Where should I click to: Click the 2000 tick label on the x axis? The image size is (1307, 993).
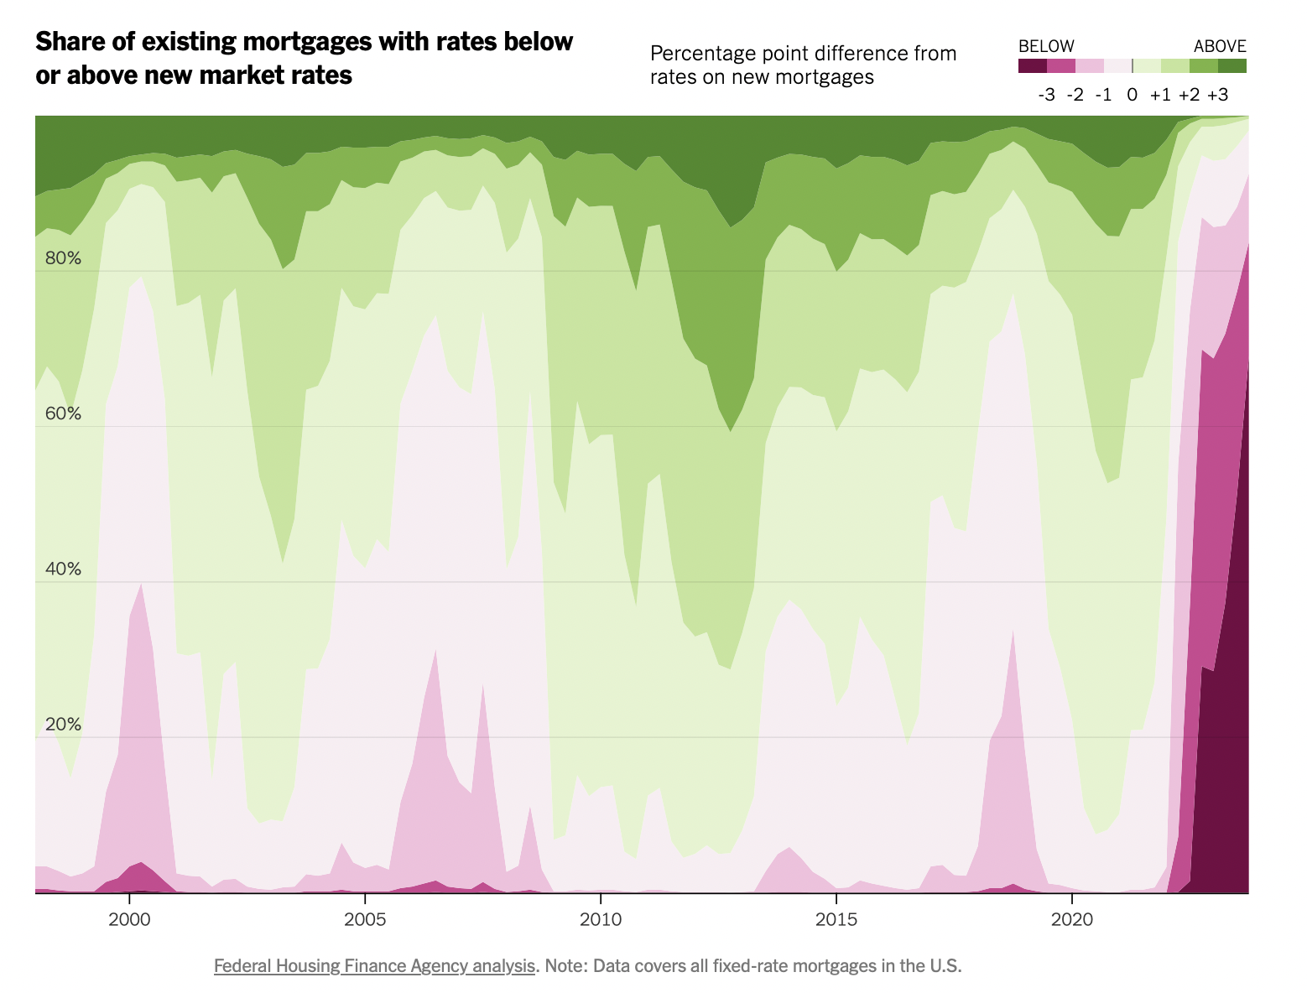point(129,919)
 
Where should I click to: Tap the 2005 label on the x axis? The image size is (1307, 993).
point(365,919)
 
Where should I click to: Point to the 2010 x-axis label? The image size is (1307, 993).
point(601,919)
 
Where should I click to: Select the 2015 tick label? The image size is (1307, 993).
point(836,919)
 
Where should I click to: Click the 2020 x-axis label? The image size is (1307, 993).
point(1072,919)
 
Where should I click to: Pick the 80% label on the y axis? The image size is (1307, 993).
point(63,258)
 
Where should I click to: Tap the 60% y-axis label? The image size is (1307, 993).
point(63,413)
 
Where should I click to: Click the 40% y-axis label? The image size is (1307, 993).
point(63,569)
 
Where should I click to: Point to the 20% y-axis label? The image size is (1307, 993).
point(63,724)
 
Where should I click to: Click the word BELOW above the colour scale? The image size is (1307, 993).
point(1046,46)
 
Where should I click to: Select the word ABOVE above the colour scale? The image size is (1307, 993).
point(1220,46)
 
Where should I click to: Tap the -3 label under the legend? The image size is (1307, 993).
point(1046,95)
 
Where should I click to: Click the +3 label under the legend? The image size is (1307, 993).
point(1217,95)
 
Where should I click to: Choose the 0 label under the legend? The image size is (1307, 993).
point(1133,95)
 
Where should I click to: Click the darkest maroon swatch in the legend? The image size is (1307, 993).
point(1033,66)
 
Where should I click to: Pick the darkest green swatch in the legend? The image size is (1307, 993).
point(1232,66)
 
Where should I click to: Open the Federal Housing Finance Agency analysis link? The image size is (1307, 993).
point(374,966)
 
